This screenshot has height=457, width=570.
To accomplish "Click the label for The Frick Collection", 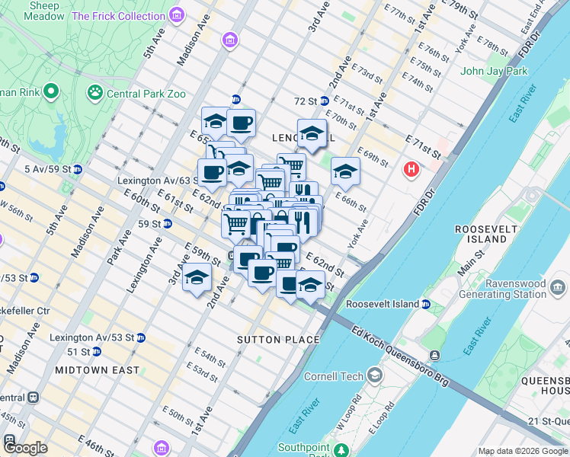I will pos(118,16).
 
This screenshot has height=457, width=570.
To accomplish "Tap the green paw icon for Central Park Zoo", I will pos(95,93).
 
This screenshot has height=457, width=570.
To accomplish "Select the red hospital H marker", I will pos(412,168).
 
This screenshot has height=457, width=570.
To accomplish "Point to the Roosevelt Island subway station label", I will pos(383,304).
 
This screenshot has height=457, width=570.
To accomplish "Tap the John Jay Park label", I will pos(494,72).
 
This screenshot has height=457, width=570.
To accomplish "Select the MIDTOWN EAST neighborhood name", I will pos(97,370).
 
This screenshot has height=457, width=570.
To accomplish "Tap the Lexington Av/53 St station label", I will pos(91,337).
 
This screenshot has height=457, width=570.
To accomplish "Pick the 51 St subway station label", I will pos(78,352).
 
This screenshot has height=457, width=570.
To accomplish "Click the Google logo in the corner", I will pos(25,448).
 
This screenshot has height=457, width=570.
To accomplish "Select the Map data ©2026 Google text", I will pos(523,451).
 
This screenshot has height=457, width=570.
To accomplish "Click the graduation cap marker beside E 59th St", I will pos(197,278).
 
